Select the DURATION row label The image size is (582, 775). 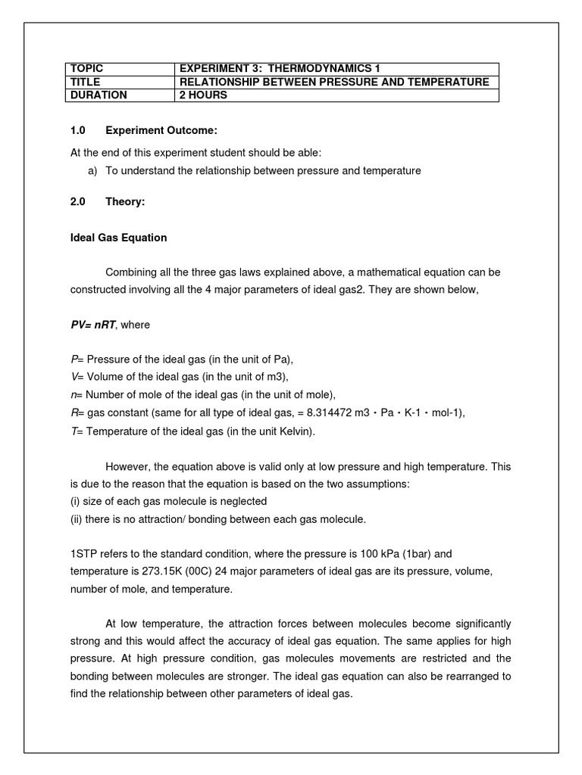[99, 95]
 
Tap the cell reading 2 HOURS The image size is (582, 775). [202, 95]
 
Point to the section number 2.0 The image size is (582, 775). [79, 202]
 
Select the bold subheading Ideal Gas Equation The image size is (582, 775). [118, 238]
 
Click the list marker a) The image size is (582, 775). [92, 171]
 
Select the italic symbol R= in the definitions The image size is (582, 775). [77, 413]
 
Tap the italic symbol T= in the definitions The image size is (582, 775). [77, 431]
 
